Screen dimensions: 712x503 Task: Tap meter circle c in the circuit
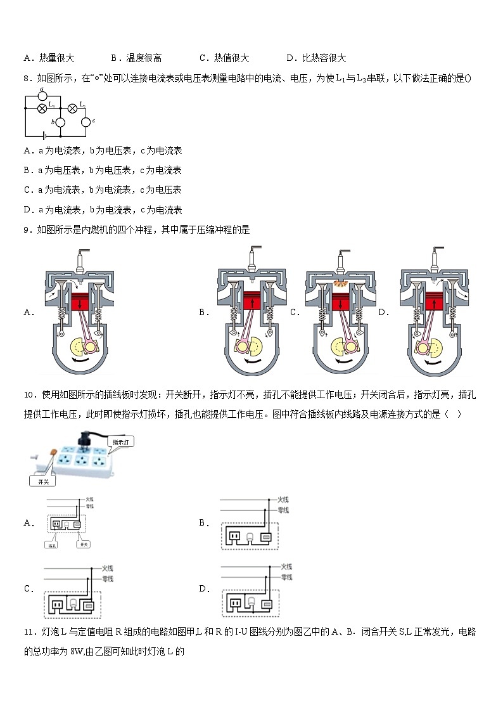pos(86,120)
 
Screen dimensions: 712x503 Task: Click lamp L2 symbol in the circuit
pos(72,108)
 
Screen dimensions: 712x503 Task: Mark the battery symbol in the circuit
pos(43,136)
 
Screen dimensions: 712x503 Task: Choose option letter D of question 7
pos(291,58)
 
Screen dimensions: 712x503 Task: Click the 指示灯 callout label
pos(121,441)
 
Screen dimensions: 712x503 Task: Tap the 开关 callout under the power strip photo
pos(43,482)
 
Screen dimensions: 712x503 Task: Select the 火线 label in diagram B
pos(284,499)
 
